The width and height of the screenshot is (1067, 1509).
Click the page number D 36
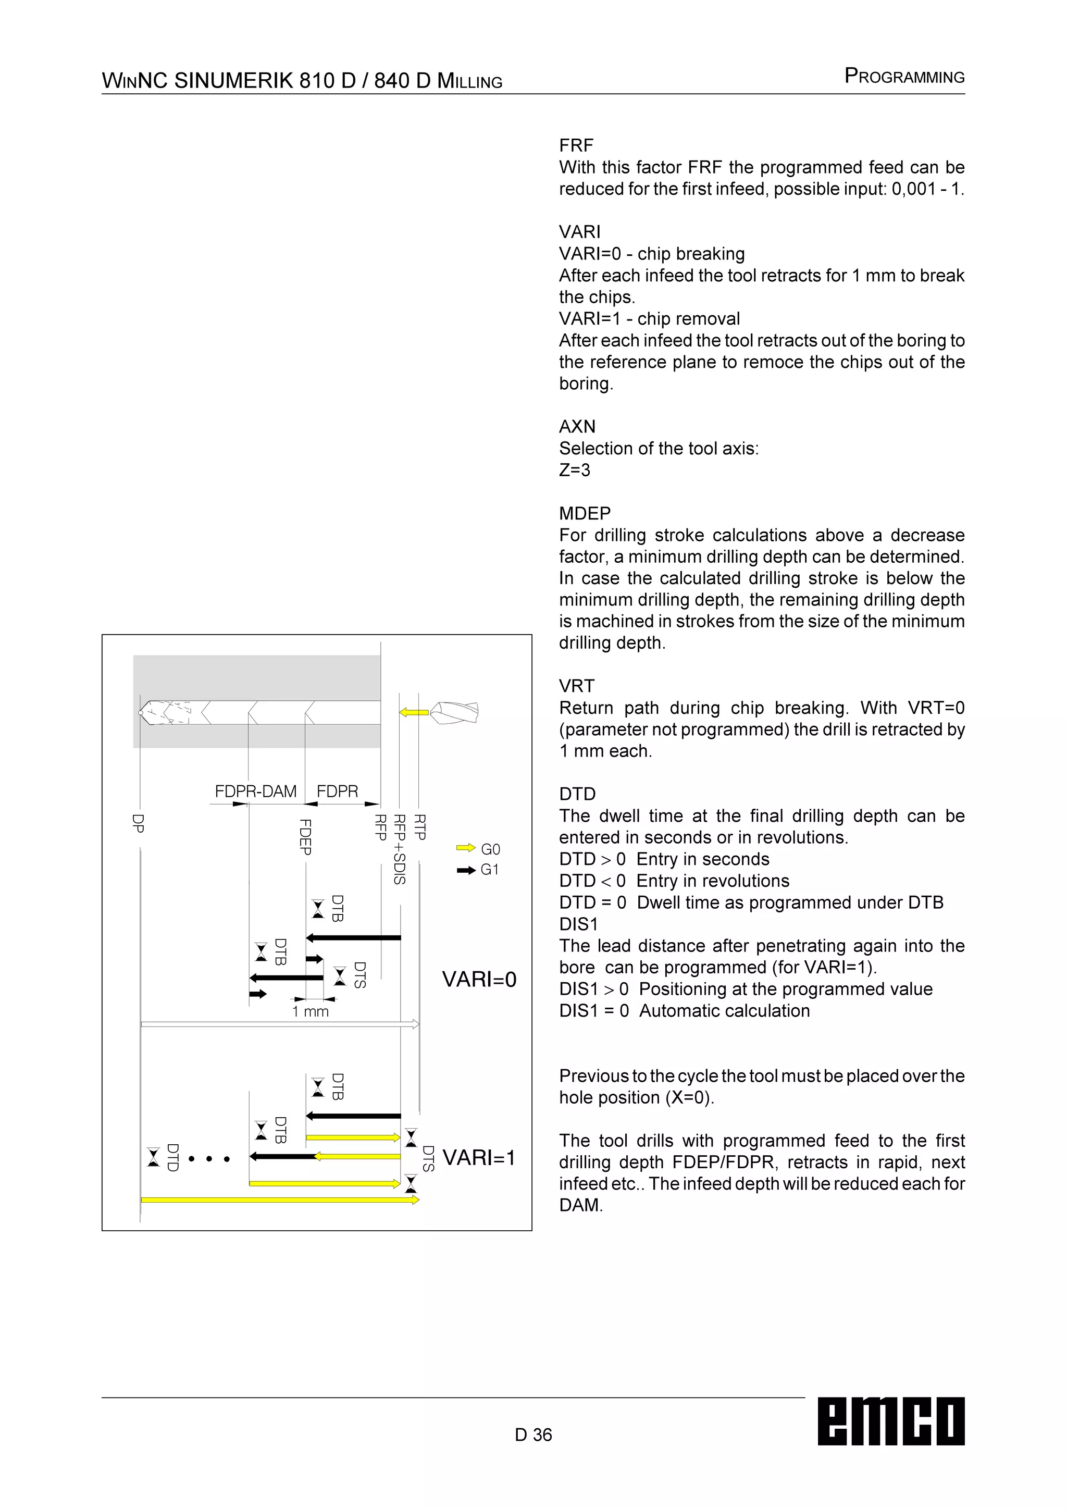point(533,1434)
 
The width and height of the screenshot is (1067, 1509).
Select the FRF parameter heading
point(576,145)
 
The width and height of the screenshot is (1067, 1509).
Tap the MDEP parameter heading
point(585,513)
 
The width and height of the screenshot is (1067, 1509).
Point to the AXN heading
point(577,427)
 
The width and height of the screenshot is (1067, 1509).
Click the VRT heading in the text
point(577,686)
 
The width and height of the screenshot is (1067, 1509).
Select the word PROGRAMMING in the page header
point(905,76)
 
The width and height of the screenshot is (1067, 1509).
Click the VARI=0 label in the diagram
point(479,979)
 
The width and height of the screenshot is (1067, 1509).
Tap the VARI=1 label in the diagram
point(479,1157)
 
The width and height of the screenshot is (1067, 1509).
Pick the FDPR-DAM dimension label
point(256,791)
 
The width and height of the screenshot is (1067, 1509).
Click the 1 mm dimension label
point(311,1011)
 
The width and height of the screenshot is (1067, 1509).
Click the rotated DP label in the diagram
point(138,823)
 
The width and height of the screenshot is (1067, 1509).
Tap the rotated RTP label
point(420,827)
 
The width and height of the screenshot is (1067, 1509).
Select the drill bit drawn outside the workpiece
point(454,712)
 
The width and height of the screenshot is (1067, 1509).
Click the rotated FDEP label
point(305,837)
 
